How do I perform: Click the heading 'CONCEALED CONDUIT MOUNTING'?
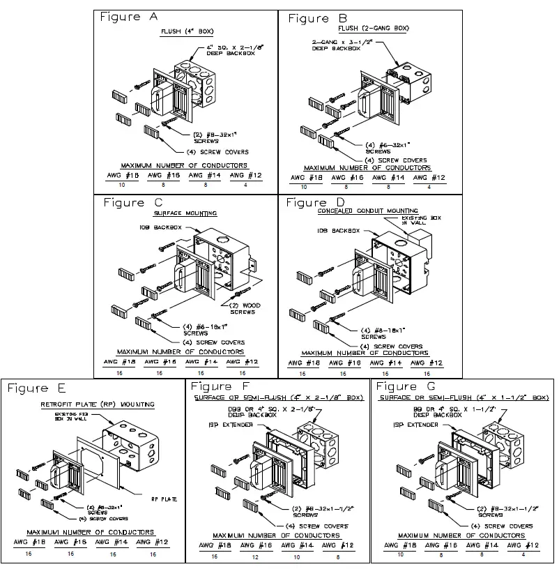tap(367, 210)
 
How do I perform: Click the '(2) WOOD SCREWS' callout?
tap(243, 308)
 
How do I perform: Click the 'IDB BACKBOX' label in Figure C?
tap(155, 228)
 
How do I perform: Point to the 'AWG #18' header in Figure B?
tap(303, 178)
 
